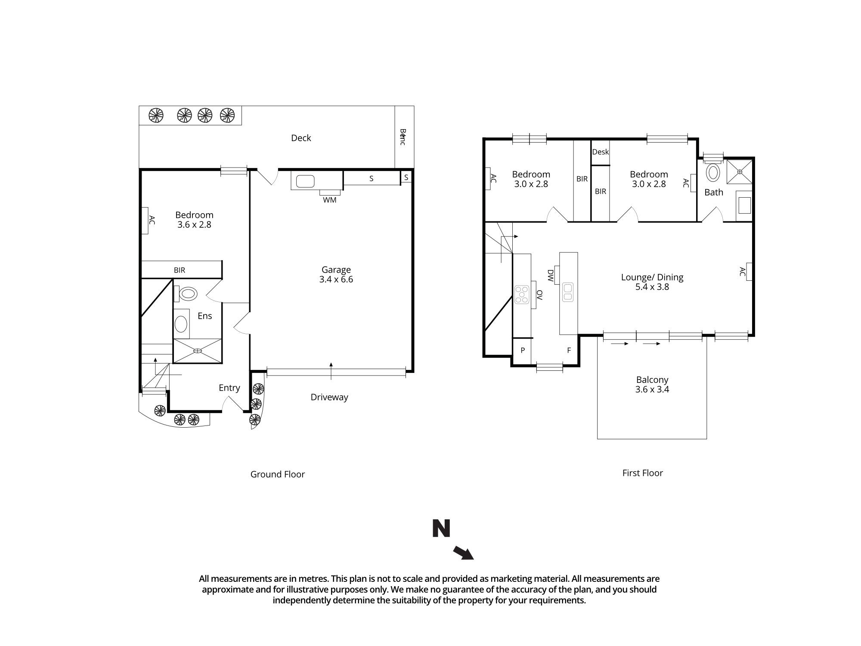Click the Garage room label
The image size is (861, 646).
coord(336,270)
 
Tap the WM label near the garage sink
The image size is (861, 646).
coord(330,200)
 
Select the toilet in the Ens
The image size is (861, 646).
coord(188,294)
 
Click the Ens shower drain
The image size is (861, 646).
coord(197,351)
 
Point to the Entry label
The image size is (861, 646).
coord(229,388)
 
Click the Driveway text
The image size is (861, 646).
coord(329,398)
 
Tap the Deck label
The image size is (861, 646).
coord(301,138)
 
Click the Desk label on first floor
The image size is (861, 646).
coord(600,152)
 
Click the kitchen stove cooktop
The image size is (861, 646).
coord(522,295)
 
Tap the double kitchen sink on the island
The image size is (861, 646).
coord(568,292)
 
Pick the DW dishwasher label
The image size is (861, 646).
coord(550,276)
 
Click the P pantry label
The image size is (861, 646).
coord(523,351)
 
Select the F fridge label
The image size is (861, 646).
coord(569,351)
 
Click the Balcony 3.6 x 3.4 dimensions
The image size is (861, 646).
coord(652,390)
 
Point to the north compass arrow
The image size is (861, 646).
coord(463,553)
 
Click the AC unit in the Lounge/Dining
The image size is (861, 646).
coord(749,272)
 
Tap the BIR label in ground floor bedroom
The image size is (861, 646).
coord(180,270)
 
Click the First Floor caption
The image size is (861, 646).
coord(642,473)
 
